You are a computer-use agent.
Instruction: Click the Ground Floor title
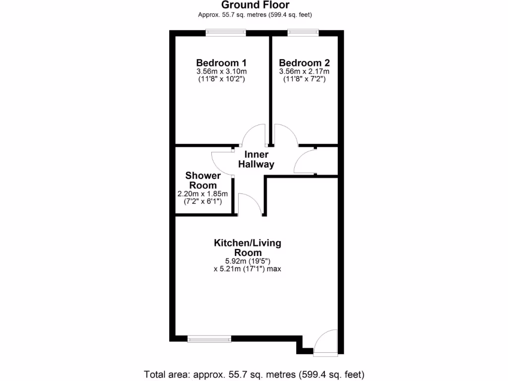(255, 5)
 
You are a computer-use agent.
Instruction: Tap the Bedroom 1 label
(221, 63)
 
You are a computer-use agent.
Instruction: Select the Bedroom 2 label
(304, 63)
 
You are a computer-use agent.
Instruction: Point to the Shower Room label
(203, 181)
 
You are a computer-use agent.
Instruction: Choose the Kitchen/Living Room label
(248, 248)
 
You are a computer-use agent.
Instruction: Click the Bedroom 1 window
(226, 33)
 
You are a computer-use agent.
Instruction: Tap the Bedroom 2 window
(303, 33)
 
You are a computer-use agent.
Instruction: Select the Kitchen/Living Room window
(209, 339)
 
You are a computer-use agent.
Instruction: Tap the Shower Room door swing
(221, 162)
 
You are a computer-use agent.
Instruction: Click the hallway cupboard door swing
(304, 161)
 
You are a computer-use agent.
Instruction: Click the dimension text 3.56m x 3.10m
(221, 71)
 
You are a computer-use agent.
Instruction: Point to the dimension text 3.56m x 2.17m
(304, 71)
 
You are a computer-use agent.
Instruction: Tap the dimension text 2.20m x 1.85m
(202, 194)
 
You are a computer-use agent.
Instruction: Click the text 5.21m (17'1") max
(248, 269)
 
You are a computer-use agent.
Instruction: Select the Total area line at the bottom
(254, 374)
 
